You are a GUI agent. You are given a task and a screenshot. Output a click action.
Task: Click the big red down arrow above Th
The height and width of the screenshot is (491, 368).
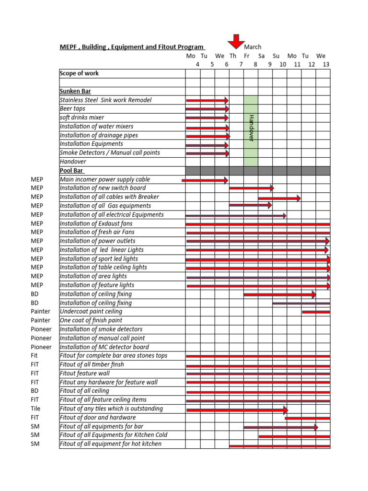click(236, 41)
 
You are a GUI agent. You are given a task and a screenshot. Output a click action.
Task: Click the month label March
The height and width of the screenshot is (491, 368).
click(253, 47)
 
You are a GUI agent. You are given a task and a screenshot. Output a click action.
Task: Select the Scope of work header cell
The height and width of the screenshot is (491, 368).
click(79, 73)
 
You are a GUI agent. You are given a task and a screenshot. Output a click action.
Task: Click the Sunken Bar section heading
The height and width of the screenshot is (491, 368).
click(75, 91)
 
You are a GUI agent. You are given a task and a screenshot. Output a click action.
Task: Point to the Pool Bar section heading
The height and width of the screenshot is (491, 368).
click(72, 170)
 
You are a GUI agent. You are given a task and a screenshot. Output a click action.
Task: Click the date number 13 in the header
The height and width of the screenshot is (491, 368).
click(326, 64)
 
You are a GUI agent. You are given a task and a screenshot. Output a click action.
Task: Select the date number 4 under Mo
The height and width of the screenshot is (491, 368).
click(197, 64)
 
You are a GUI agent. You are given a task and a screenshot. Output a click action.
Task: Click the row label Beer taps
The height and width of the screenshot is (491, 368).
click(72, 109)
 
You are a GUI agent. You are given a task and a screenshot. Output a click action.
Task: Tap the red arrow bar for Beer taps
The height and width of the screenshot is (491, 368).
click(207, 109)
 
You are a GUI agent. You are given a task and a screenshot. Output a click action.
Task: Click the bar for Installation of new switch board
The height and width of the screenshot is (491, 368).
click(251, 188)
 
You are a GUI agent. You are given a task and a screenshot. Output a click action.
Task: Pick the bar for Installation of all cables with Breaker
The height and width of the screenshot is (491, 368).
click(279, 198)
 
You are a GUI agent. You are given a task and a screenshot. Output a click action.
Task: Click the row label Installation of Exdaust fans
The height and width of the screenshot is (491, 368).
click(96, 223)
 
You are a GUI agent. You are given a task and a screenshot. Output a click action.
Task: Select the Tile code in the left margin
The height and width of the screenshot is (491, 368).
click(35, 409)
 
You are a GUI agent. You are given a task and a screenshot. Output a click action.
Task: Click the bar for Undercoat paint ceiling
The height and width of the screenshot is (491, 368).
click(316, 312)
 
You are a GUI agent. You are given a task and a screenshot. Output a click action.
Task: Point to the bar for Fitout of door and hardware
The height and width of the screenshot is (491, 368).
click(307, 418)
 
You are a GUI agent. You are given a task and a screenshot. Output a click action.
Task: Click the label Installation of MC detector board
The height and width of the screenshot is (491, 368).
click(104, 347)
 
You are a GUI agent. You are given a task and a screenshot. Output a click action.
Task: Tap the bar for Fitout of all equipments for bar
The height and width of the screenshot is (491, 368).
click(280, 427)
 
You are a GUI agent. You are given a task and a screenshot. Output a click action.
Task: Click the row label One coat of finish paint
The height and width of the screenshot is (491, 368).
click(91, 320)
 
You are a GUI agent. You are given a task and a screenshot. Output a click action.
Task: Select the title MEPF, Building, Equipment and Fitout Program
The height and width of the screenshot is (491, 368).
click(132, 47)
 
